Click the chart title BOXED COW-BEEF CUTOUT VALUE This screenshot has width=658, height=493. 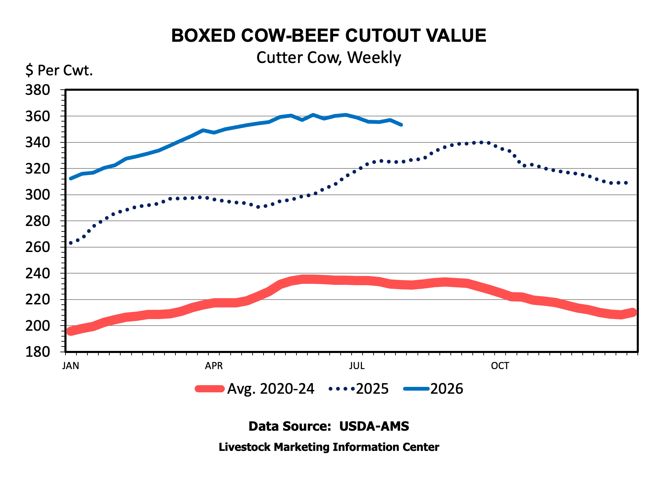click(329, 36)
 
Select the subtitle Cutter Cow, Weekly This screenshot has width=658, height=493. click(329, 58)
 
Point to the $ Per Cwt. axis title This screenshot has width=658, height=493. click(59, 71)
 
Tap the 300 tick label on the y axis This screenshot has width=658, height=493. click(38, 195)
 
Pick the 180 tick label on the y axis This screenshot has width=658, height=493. click(38, 352)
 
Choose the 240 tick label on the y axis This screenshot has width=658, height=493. click(38, 274)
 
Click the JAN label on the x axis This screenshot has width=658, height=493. click(71, 366)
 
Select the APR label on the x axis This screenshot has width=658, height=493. click(214, 366)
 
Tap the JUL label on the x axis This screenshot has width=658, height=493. click(357, 366)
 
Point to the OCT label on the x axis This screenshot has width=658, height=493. click(500, 366)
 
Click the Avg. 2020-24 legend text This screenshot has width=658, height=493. click(271, 389)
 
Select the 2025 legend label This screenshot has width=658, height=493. click(372, 389)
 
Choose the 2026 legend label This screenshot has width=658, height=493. click(447, 389)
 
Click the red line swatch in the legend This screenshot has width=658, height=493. click(210, 389)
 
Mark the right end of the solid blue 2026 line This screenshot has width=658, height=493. click(401, 125)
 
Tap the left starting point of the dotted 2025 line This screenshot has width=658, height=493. click(71, 243)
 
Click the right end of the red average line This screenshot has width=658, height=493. click(633, 312)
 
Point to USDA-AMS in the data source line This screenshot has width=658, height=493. click(374, 426)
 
